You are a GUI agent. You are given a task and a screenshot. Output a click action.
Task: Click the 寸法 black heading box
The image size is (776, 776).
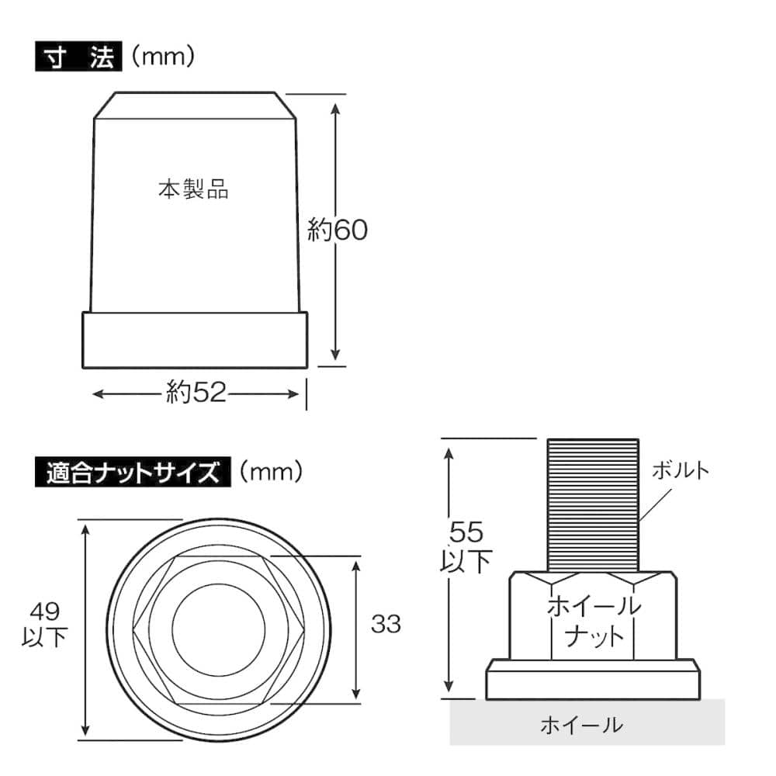pyautogui.click(x=78, y=58)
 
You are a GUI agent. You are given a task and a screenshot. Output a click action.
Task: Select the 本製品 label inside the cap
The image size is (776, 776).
pyautogui.click(x=193, y=189)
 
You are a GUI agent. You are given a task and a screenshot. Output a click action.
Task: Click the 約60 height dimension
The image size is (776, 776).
pyautogui.click(x=337, y=230)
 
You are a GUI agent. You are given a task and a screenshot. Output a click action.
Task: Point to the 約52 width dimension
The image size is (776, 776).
pyautogui.click(x=196, y=393)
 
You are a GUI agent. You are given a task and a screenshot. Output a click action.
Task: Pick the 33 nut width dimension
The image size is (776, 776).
pyautogui.click(x=386, y=622)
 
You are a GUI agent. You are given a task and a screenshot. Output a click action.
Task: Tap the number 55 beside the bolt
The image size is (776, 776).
pyautogui.click(x=468, y=532)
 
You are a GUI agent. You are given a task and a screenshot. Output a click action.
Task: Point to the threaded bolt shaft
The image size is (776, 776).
pyautogui.click(x=594, y=504)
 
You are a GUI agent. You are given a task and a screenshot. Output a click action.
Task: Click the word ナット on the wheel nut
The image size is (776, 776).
pyautogui.click(x=594, y=636)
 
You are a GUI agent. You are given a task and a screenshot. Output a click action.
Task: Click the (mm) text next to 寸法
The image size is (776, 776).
pyautogui.click(x=162, y=57)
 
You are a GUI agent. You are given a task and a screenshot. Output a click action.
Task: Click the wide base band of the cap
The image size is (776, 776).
pyautogui.click(x=195, y=340)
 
